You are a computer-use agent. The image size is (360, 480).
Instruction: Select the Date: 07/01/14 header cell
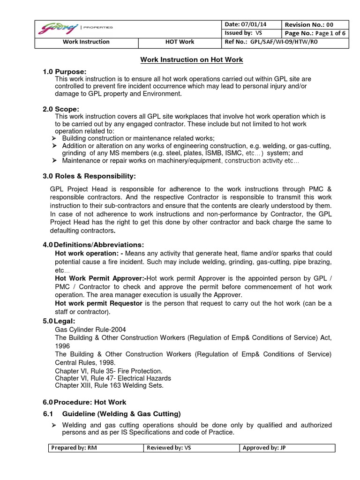click(x=251, y=24)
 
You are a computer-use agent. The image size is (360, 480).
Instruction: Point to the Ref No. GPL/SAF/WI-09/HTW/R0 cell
click(x=279, y=42)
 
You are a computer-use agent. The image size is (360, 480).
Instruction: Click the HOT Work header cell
click(x=180, y=42)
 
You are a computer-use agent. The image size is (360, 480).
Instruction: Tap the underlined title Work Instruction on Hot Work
click(x=192, y=60)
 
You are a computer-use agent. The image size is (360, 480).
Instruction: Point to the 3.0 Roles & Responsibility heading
click(x=89, y=176)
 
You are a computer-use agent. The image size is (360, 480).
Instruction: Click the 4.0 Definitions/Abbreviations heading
click(x=93, y=245)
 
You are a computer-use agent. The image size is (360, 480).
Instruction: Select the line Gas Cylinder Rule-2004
click(x=90, y=330)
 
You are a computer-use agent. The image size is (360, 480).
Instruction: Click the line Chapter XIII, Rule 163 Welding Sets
click(x=110, y=385)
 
